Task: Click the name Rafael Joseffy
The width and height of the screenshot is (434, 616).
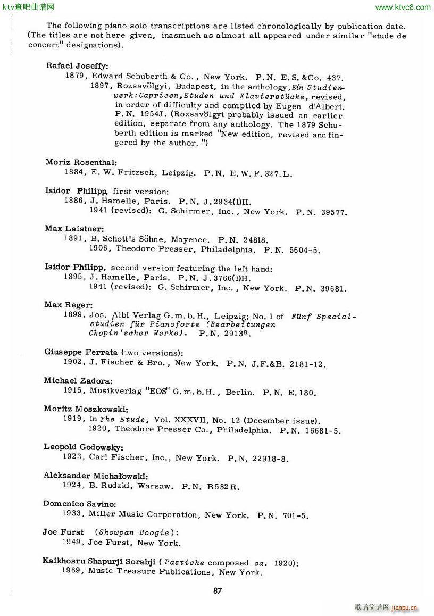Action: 77,66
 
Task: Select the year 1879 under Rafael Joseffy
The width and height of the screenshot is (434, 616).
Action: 74,76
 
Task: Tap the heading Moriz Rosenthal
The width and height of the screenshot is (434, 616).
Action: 81,162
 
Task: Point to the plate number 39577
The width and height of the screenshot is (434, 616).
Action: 334,212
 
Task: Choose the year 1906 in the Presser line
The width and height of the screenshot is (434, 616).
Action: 99,249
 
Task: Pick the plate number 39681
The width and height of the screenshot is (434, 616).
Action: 334,289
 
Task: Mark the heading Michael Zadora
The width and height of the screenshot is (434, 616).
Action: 78,381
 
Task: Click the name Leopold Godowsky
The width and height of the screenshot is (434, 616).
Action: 83,447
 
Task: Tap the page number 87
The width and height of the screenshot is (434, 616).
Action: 217,590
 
